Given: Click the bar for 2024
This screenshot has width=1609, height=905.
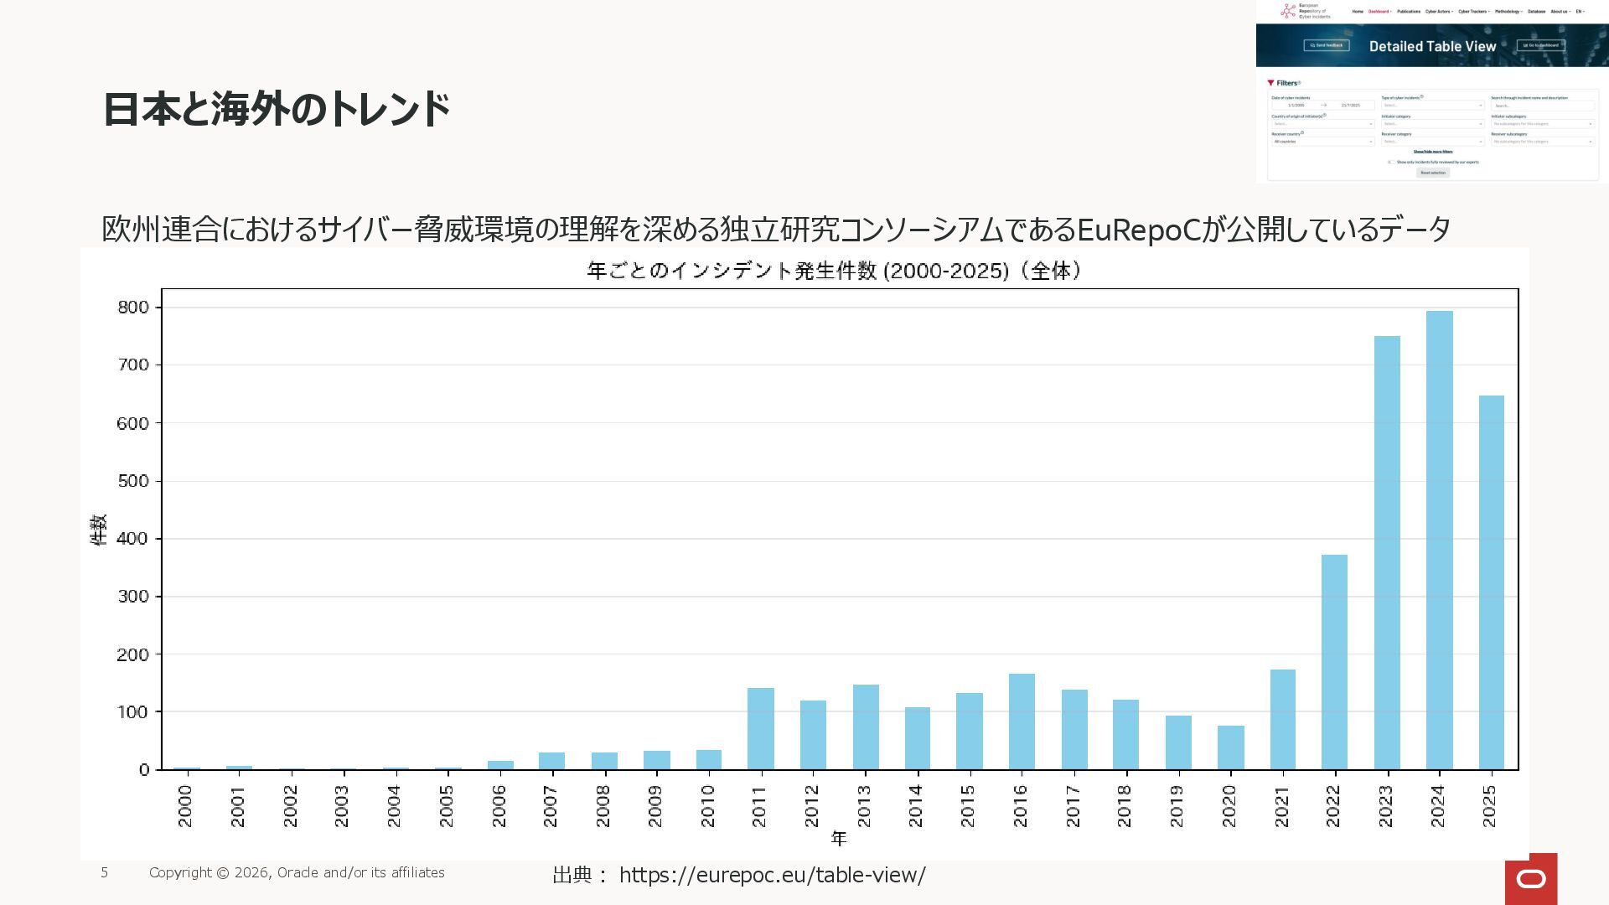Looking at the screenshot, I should click(x=1439, y=540).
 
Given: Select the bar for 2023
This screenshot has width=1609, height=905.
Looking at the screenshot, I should click(x=1387, y=553).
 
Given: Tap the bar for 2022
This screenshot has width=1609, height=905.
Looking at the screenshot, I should click(x=1334, y=662).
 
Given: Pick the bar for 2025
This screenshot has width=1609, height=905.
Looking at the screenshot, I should click(x=1491, y=582).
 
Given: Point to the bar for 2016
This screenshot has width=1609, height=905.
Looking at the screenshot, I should click(x=1022, y=721).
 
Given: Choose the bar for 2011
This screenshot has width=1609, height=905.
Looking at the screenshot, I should click(x=760, y=728).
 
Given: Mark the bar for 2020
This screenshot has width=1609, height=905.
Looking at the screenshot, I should click(x=1230, y=747).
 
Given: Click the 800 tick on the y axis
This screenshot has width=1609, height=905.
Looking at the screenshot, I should click(x=132, y=308).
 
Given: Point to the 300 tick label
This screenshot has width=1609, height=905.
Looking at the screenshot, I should click(x=132, y=597).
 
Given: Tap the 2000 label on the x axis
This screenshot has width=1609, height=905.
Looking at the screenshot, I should click(x=185, y=805).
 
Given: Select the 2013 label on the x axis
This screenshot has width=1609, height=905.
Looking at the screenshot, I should click(x=864, y=805).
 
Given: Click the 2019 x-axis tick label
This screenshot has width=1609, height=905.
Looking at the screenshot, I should click(x=1177, y=805).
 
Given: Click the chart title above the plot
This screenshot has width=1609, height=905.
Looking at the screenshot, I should click(x=835, y=271).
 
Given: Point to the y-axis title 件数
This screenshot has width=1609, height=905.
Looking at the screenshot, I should click(x=99, y=530).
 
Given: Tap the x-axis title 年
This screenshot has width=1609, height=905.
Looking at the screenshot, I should click(x=839, y=838).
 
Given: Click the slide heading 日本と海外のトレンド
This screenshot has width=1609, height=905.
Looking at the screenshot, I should click(x=277, y=110).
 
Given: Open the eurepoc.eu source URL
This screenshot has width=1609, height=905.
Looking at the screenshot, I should click(x=772, y=875).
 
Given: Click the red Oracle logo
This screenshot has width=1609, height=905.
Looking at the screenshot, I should click(x=1531, y=878).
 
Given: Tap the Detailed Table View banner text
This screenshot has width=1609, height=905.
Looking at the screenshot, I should click(x=1432, y=46).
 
